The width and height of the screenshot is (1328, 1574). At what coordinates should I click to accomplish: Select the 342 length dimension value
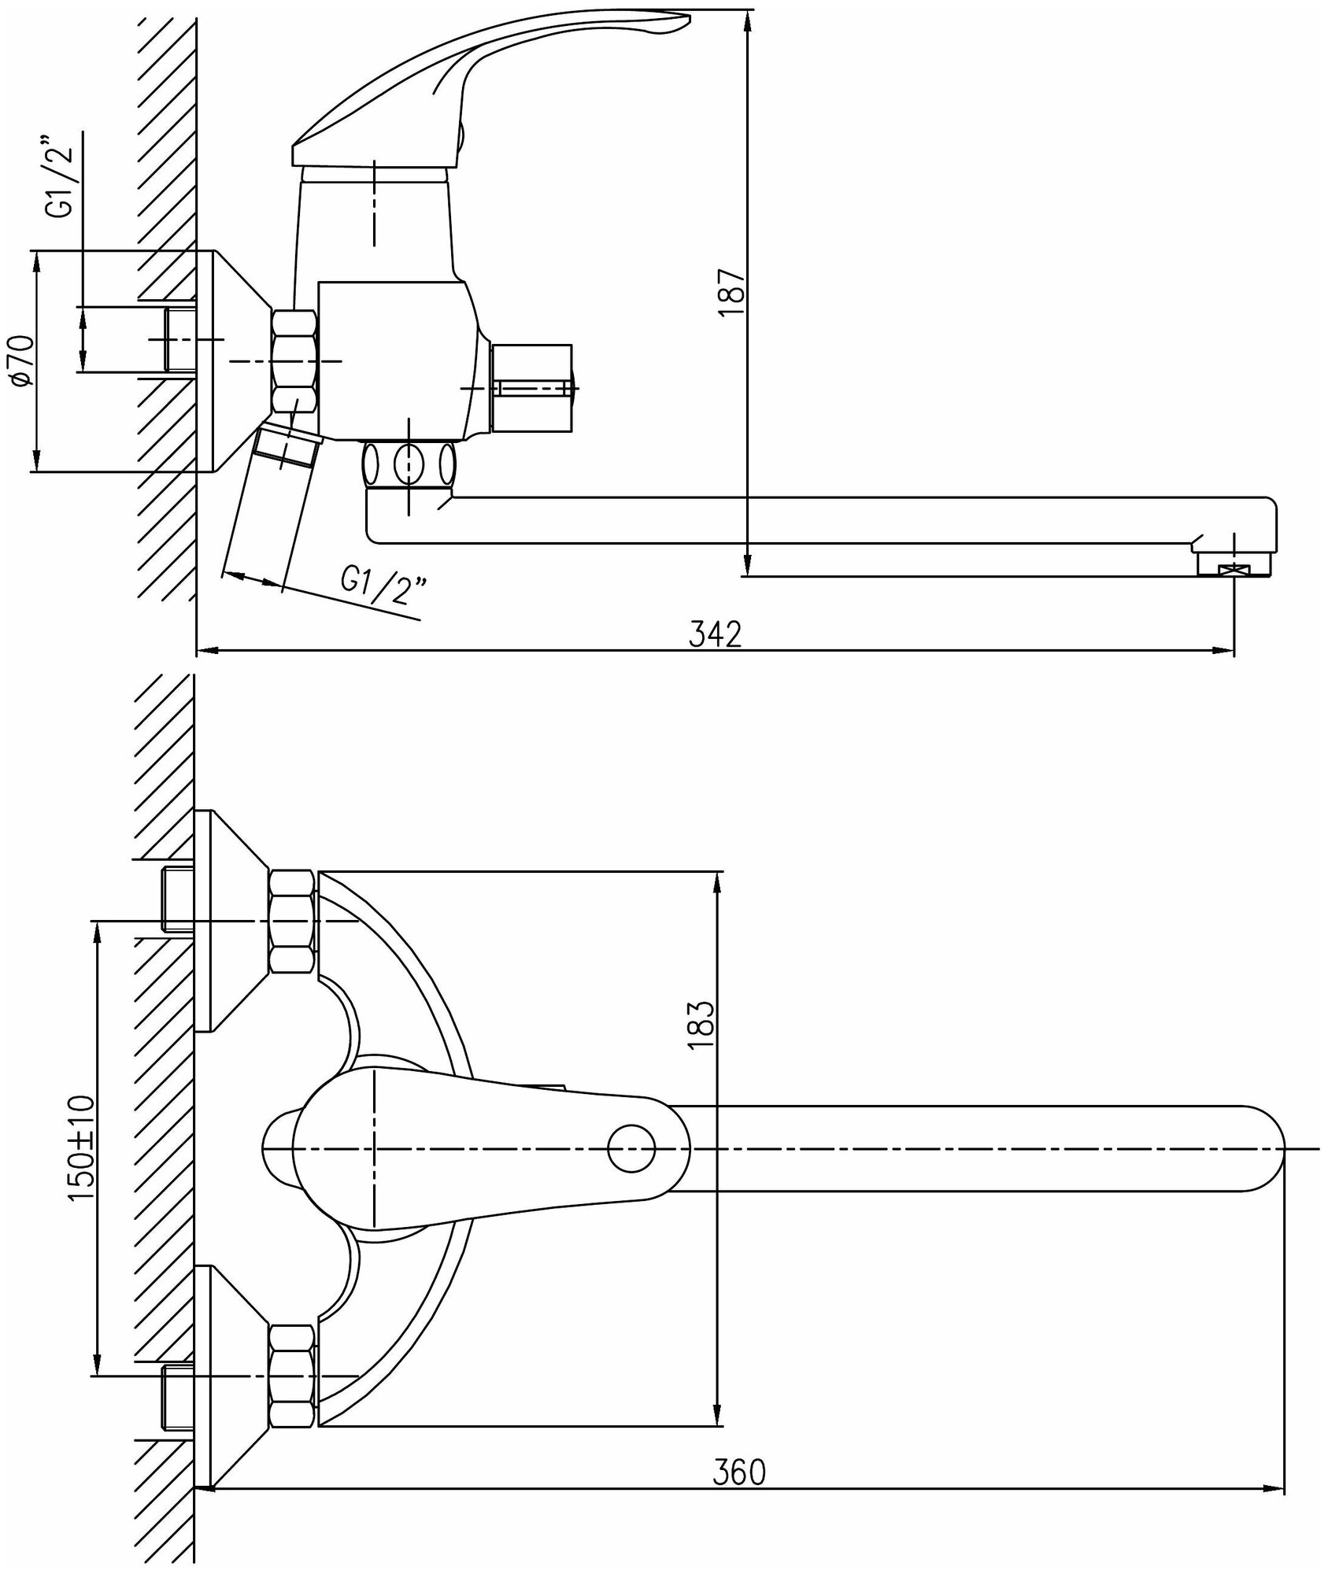pos(715,634)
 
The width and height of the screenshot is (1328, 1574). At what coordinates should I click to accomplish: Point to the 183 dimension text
pos(701,1023)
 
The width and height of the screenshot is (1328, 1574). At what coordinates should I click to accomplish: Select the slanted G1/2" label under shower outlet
pos(383,589)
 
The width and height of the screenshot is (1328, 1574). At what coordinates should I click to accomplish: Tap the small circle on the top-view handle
pos(631,1150)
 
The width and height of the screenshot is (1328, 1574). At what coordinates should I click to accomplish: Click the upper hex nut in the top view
pos(293,921)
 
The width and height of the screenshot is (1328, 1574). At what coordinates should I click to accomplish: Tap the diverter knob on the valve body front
pos(532,388)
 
